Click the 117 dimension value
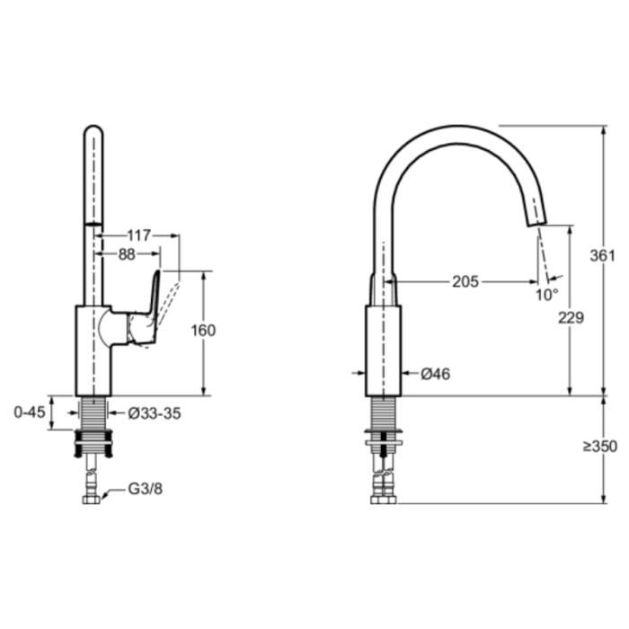[138, 235]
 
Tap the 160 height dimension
[204, 330]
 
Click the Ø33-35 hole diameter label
[155, 413]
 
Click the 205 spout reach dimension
[465, 281]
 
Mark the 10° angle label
[547, 293]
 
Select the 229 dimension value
[571, 317]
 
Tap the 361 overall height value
[602, 254]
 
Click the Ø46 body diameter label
[435, 373]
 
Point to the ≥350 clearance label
[599, 447]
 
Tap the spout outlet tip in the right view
[536, 219]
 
